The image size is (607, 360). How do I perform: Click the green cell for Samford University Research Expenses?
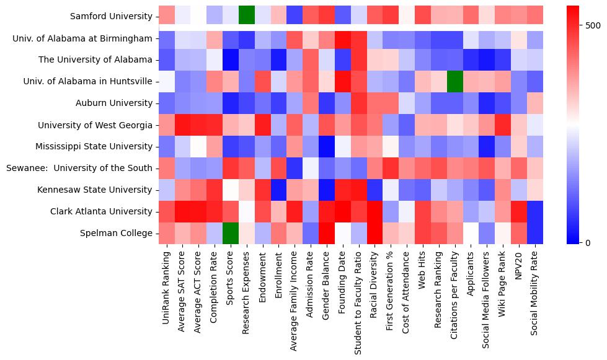(x=247, y=16)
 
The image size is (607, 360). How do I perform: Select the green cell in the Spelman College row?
(x=231, y=233)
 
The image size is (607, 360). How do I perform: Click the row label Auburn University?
(x=118, y=103)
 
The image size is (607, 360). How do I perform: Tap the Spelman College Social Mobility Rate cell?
(x=535, y=233)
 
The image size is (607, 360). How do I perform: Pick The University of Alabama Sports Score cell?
(x=231, y=59)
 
